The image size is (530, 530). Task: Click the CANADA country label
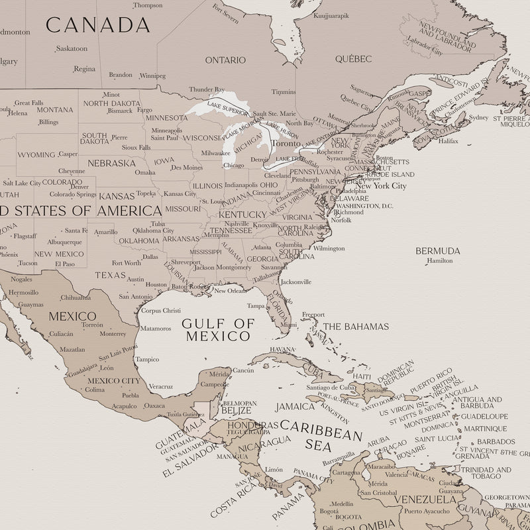click(x=97, y=25)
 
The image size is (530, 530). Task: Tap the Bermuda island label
click(x=437, y=251)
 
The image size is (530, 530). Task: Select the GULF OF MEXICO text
click(x=218, y=329)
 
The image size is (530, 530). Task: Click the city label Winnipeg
click(x=153, y=76)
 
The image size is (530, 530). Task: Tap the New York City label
click(x=381, y=186)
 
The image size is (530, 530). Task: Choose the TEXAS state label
click(x=110, y=274)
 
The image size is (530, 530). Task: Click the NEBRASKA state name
click(x=111, y=163)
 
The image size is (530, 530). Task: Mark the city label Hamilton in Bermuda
click(x=440, y=261)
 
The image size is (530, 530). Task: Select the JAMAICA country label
click(x=295, y=406)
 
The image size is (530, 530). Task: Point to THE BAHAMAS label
click(x=356, y=327)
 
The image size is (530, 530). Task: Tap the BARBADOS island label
click(x=496, y=441)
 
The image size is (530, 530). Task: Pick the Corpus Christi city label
click(x=161, y=310)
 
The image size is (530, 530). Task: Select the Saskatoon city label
click(x=72, y=48)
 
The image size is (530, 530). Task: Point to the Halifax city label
click(x=449, y=141)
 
